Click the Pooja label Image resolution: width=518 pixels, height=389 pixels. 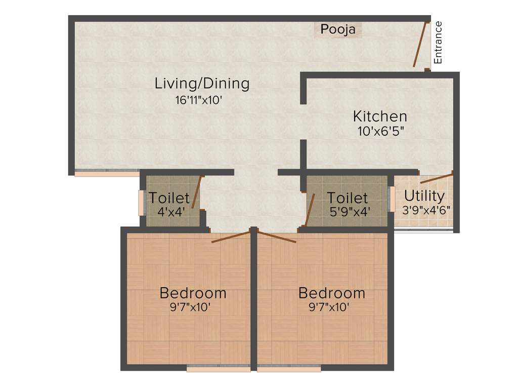coord(338,30)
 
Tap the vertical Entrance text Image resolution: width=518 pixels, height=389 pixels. coord(438,43)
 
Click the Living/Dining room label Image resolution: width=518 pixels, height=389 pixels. coord(202,83)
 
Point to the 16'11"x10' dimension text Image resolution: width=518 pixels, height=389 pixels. coord(199,100)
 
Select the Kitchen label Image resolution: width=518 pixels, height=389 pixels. coord(379,116)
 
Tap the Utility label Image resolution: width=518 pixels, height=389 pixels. coord(424,196)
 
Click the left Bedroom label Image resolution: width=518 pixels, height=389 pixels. coord(193,293)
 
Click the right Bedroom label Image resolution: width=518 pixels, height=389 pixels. coord(331,293)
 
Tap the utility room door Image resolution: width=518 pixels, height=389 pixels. coord(436,178)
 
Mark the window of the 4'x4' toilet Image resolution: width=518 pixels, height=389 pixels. coord(142,202)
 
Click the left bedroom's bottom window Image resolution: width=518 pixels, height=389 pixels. coord(219,369)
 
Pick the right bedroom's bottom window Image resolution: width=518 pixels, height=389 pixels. coord(289,369)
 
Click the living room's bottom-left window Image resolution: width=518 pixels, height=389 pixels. coord(107,174)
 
